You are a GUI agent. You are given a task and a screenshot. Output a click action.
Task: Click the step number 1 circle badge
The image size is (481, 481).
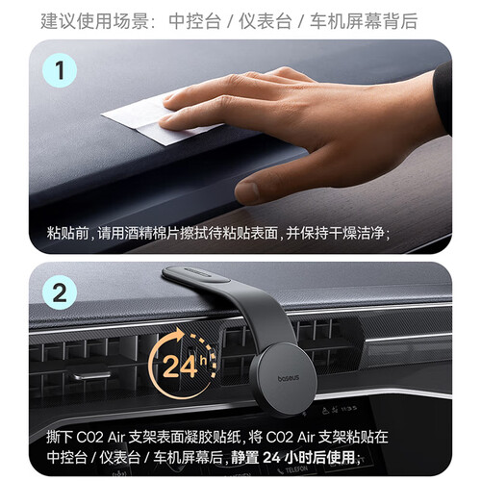pos(60,70)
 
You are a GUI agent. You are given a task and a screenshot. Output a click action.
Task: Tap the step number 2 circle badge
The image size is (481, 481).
pos(60,292)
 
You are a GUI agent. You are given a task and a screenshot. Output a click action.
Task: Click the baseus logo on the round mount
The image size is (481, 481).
pos(289,378)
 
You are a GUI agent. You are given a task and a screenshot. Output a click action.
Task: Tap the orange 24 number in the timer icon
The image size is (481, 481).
pos(180,367)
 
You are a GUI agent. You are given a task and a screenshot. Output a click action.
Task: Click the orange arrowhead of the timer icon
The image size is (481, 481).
pos(178,335)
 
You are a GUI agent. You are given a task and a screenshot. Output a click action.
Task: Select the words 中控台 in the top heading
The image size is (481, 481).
pos(194,21)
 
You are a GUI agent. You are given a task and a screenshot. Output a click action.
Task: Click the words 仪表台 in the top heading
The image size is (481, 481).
pos(266,21)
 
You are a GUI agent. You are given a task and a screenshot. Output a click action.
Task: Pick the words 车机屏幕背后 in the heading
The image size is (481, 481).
pos(364,21)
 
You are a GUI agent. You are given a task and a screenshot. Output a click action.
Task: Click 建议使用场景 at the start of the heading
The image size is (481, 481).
pos(94,21)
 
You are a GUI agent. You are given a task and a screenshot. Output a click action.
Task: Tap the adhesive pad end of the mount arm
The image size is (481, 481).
pos(195,274)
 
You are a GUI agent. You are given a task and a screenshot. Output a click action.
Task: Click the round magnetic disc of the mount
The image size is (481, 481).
pos(283,378)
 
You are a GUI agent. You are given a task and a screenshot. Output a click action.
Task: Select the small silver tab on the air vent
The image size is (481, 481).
pos(90,375)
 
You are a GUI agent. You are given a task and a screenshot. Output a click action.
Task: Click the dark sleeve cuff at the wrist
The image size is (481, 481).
pos(443,96)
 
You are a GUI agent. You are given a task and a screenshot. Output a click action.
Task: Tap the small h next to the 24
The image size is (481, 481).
pos(203,361)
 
